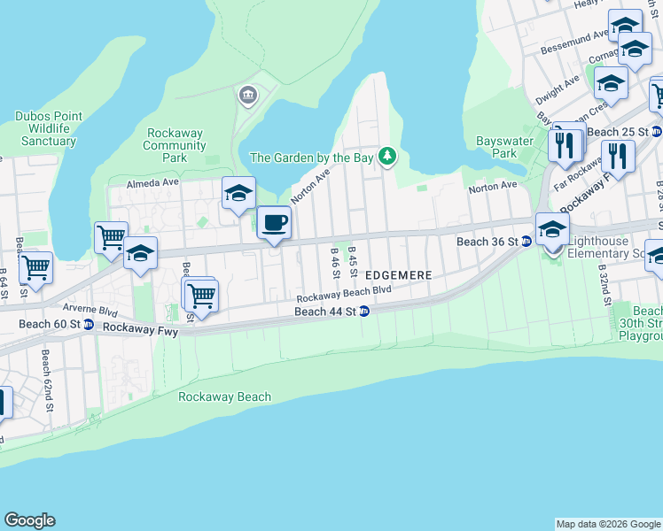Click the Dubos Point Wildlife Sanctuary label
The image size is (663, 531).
[49, 128]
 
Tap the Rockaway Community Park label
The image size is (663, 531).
[175, 145]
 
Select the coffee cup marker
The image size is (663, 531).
[274, 222]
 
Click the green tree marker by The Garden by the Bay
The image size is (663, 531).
[386, 157]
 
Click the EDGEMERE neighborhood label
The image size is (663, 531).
[398, 275]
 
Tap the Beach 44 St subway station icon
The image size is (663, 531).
[363, 312]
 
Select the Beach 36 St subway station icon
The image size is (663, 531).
[526, 241]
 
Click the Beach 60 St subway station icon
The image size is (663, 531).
[89, 325]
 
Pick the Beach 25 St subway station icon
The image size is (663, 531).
[656, 132]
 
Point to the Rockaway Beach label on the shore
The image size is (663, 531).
[224, 396]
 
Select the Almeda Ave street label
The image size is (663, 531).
[152, 182]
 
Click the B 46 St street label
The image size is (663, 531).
[335, 263]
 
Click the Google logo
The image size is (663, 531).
[29, 520]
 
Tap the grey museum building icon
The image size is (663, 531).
[247, 95]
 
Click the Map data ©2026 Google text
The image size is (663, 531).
[608, 524]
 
